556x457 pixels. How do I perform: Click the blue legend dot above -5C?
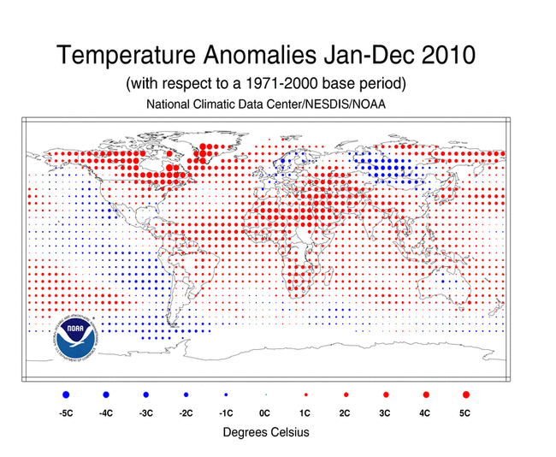point(66,395)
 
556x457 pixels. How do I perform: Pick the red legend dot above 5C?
point(465,395)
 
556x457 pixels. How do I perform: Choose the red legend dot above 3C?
point(386,395)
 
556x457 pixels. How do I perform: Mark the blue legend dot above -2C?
point(186,395)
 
